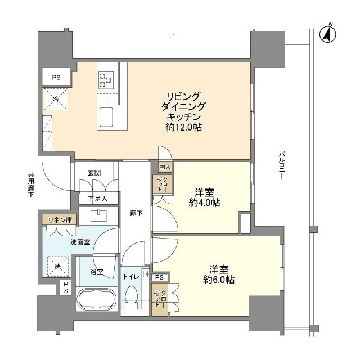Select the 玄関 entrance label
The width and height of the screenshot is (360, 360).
pos(94,173)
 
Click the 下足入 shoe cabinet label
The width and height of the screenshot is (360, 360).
pos(94,199)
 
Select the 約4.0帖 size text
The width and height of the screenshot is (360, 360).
pos(204,203)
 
